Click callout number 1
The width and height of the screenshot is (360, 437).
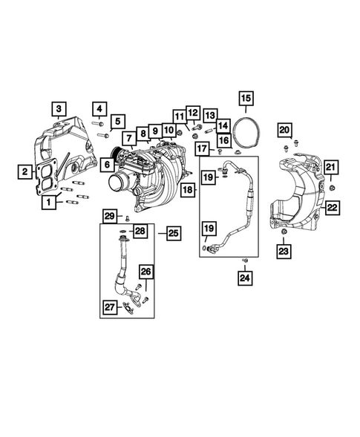pos(50,201)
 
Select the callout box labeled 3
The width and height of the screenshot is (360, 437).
pos(59,111)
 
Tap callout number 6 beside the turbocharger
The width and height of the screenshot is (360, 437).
pos(107,164)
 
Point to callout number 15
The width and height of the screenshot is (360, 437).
pos(245,97)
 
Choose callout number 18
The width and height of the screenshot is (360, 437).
pos(189,191)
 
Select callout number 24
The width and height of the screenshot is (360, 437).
pos(245,278)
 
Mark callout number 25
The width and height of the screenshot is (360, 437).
pos(173,234)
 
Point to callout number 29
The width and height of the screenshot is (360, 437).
pos(109,216)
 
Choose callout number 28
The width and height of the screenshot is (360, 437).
pos(140,232)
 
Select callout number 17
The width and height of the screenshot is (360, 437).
pos(200,150)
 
